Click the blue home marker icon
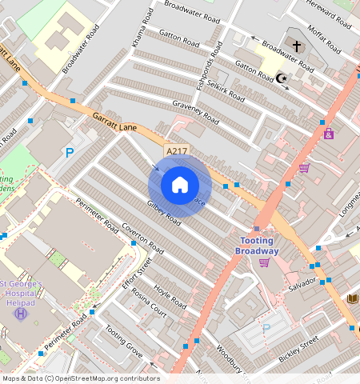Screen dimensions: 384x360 [180, 185]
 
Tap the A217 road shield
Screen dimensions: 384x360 [177, 150]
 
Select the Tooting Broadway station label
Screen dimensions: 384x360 [257, 246]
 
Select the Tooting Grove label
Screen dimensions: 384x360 [124, 342]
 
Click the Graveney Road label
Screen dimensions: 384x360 [195, 111]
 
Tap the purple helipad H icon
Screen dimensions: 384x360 [20, 313]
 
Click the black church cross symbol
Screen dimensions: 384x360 [296, 46]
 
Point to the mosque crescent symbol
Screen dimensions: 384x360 [281, 77]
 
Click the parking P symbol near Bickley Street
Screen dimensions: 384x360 [266, 328]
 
